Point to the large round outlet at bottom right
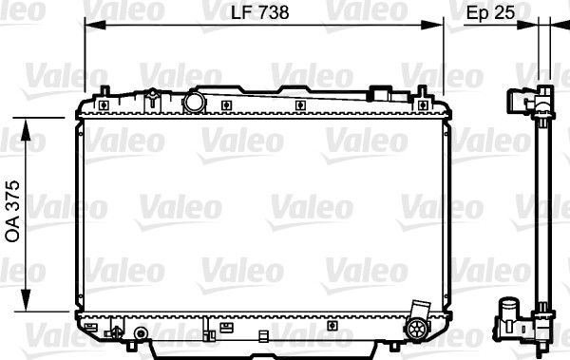(x=417, y=329)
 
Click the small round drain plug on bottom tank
(x=141, y=334)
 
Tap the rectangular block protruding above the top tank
(x=382, y=95)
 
